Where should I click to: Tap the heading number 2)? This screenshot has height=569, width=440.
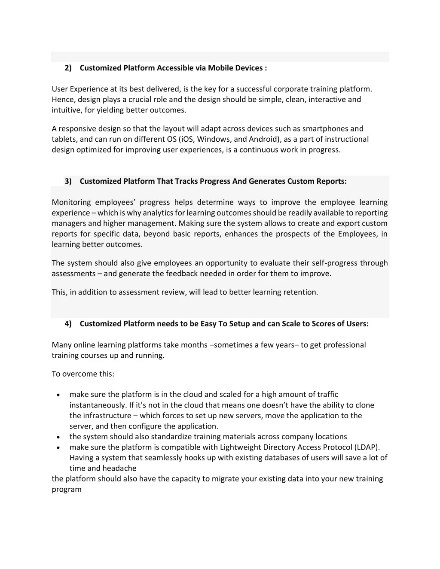[68, 68]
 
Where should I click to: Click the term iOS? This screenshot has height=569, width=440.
[186, 139]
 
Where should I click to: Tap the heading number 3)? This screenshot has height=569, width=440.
[68, 181]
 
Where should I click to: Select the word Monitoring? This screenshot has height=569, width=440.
[71, 202]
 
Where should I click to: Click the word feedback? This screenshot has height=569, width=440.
[184, 274]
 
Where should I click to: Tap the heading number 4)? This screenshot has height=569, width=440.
[68, 324]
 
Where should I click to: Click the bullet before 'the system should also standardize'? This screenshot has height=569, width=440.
[58, 437]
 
